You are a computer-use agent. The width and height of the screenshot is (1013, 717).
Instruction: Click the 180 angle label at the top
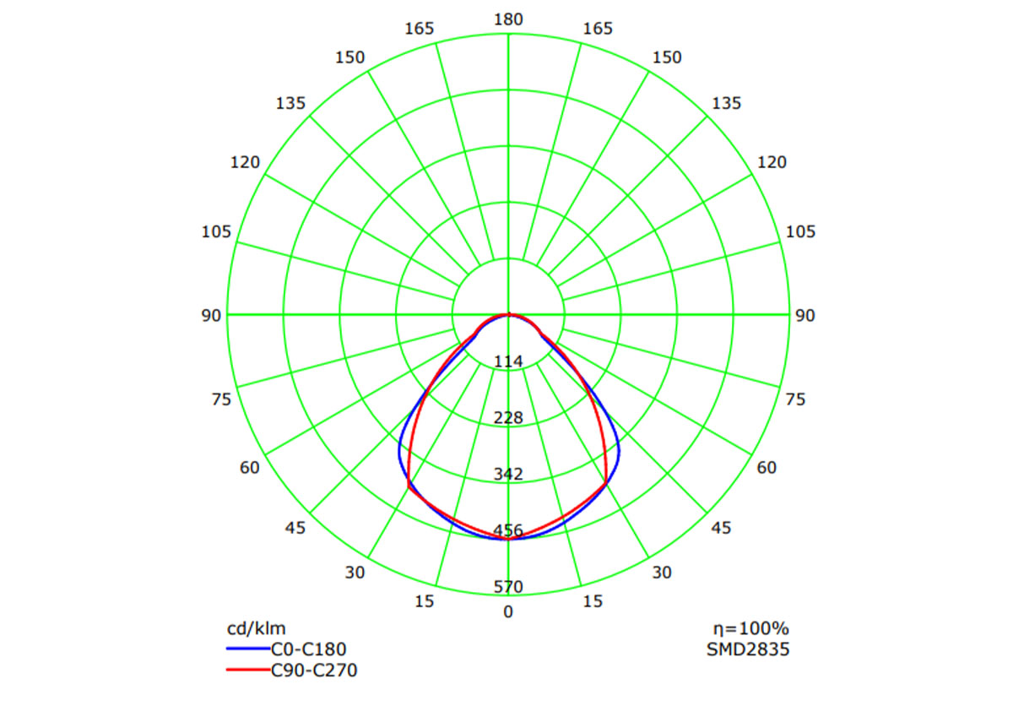[508, 19]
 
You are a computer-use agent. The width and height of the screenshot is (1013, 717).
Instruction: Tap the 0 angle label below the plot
[508, 611]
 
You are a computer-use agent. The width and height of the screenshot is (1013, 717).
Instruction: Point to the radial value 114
[508, 361]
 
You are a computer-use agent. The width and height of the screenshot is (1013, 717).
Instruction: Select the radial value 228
[508, 418]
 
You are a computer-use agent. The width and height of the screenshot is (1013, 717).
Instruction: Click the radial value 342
[508, 474]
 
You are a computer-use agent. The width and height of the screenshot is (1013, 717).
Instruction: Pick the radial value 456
[508, 530]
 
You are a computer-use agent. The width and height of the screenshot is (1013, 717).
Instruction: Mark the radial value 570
[508, 587]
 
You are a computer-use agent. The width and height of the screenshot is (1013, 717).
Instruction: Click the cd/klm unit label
[257, 628]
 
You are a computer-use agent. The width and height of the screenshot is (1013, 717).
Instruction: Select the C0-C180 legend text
[308, 649]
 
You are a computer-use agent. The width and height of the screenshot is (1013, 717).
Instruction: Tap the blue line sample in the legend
[247, 649]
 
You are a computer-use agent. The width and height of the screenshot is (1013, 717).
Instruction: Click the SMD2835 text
[748, 649]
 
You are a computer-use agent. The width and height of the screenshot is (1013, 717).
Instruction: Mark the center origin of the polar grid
[508, 315]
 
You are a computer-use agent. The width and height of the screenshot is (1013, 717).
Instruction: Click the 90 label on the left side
[212, 315]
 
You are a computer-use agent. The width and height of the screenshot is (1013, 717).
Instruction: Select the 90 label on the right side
[805, 315]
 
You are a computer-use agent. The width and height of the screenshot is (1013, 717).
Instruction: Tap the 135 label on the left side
[290, 104]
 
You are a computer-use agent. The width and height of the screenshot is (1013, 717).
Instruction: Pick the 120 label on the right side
[772, 162]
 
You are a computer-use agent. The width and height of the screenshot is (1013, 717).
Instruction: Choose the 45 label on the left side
[295, 528]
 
